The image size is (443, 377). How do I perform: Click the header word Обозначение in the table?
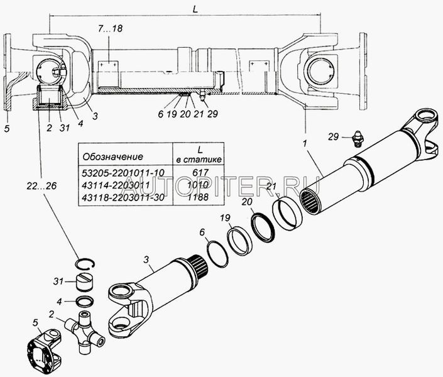(109, 156)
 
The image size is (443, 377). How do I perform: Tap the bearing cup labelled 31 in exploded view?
(82, 281)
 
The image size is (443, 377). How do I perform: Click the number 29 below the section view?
(212, 115)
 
